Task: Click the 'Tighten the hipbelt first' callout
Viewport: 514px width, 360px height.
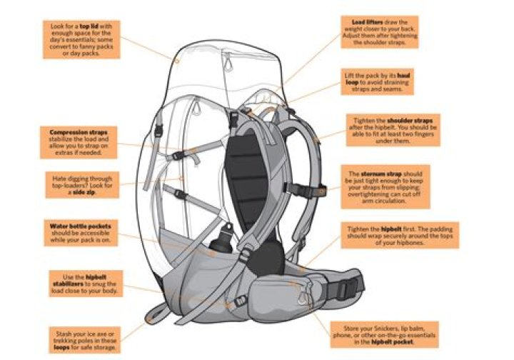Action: click(x=399, y=234)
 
